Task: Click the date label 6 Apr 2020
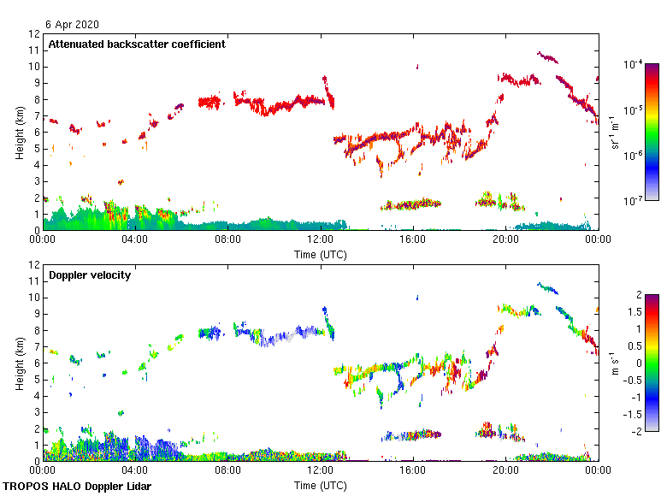(73, 26)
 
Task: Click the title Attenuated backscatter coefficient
(137, 44)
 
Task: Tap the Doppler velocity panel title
(89, 275)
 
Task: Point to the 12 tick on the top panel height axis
(34, 34)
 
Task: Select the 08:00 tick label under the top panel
(227, 239)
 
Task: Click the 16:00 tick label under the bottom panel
(413, 469)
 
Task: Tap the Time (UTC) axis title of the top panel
(321, 254)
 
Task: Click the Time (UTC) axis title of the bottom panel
(321, 485)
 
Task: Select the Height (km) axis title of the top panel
(20, 132)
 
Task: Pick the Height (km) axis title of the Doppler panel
(20, 363)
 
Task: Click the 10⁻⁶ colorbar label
(634, 155)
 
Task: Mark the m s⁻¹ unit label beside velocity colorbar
(614, 363)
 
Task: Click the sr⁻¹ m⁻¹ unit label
(614, 132)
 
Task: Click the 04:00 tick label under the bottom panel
(135, 469)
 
